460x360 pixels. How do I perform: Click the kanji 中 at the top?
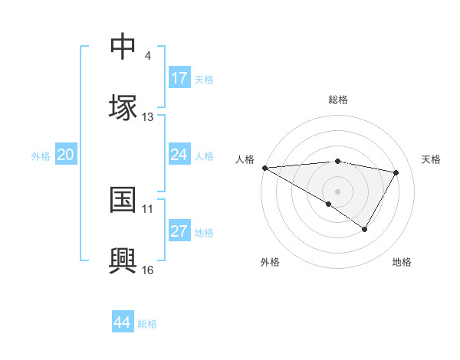123,46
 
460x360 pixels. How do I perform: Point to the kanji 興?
123,259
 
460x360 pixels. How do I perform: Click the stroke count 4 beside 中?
147,55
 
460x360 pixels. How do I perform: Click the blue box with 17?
179,78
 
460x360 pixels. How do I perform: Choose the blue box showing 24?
179,155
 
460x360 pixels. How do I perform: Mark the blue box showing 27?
179,231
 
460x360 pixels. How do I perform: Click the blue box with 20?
66,155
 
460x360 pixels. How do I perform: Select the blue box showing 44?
123,322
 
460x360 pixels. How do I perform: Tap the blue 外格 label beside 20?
41,156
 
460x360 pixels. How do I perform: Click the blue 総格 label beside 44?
147,324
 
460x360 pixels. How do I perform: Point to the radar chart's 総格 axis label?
338,100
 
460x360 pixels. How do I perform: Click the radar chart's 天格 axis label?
432,159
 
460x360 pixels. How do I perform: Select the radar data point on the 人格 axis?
264,168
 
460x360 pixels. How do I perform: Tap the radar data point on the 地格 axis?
365,229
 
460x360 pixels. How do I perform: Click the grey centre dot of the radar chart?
338,191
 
